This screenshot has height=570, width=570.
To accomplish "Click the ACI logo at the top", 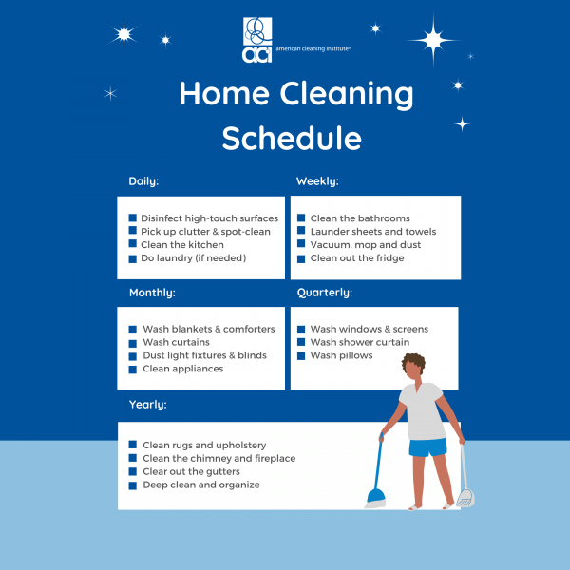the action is click(257, 40).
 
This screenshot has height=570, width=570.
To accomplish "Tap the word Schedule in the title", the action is click(292, 138).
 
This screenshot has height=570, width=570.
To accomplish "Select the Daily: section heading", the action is click(143, 181).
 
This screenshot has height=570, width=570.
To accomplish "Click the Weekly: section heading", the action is click(317, 181).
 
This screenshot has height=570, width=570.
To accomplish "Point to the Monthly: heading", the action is click(152, 293).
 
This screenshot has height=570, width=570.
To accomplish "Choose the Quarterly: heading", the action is click(325, 293).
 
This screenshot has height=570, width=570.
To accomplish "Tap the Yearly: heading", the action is click(148, 405).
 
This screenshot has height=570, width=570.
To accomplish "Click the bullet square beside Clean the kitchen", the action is click(133, 243).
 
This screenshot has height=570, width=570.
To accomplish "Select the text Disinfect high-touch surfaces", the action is click(209, 218).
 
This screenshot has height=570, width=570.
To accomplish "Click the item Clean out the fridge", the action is click(357, 258).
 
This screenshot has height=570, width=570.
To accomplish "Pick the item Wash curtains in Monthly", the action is click(176, 342).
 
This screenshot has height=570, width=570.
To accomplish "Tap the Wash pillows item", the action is click(341, 355).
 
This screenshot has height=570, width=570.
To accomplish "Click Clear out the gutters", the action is click(191, 471).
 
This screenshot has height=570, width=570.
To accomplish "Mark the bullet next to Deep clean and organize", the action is click(133, 485).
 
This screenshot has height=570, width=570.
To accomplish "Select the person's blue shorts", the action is click(427, 447).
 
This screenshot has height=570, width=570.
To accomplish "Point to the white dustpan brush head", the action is click(465, 498).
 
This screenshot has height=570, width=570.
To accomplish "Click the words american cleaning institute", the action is click(313, 48).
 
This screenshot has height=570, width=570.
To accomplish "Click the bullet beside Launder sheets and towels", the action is click(301, 231).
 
